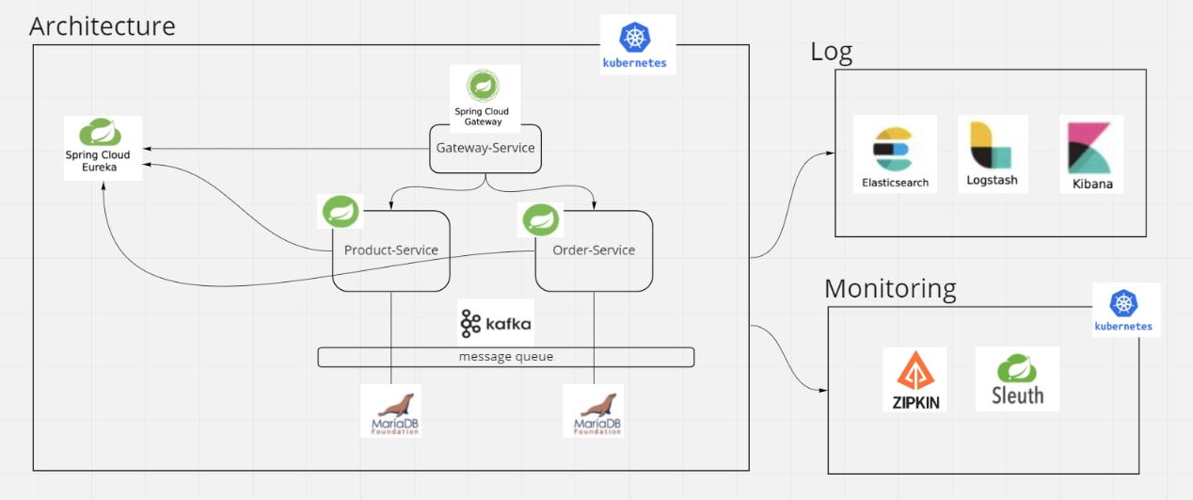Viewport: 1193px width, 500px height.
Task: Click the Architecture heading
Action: [x=103, y=25]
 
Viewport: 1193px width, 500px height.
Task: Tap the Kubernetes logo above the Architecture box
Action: [x=637, y=44]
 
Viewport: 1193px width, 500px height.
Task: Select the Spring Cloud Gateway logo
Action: [x=485, y=96]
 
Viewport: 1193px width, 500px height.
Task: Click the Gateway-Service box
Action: [x=485, y=148]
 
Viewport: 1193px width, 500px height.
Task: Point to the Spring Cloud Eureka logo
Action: [x=103, y=147]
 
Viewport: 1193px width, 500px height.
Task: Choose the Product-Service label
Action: [x=390, y=250]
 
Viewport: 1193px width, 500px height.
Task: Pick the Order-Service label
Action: [x=594, y=250]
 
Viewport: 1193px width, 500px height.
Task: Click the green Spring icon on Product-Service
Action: [x=341, y=212]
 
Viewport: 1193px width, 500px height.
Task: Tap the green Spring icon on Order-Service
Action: [x=542, y=220]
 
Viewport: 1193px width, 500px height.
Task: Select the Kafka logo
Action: [x=496, y=324]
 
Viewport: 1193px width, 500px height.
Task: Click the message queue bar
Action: [x=505, y=357]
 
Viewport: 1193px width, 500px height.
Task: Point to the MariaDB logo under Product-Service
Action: [x=390, y=411]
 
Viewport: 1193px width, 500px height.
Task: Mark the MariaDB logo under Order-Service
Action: [x=593, y=411]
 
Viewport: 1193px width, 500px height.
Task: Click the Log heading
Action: [x=831, y=52]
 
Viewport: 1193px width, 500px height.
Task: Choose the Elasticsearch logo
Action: [x=895, y=153]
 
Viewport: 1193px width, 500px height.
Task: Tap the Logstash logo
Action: [x=992, y=153]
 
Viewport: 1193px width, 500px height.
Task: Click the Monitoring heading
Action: [x=889, y=288]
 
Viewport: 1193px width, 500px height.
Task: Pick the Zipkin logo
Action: [x=915, y=379]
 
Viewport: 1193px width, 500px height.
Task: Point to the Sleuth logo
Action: [x=1017, y=379]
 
